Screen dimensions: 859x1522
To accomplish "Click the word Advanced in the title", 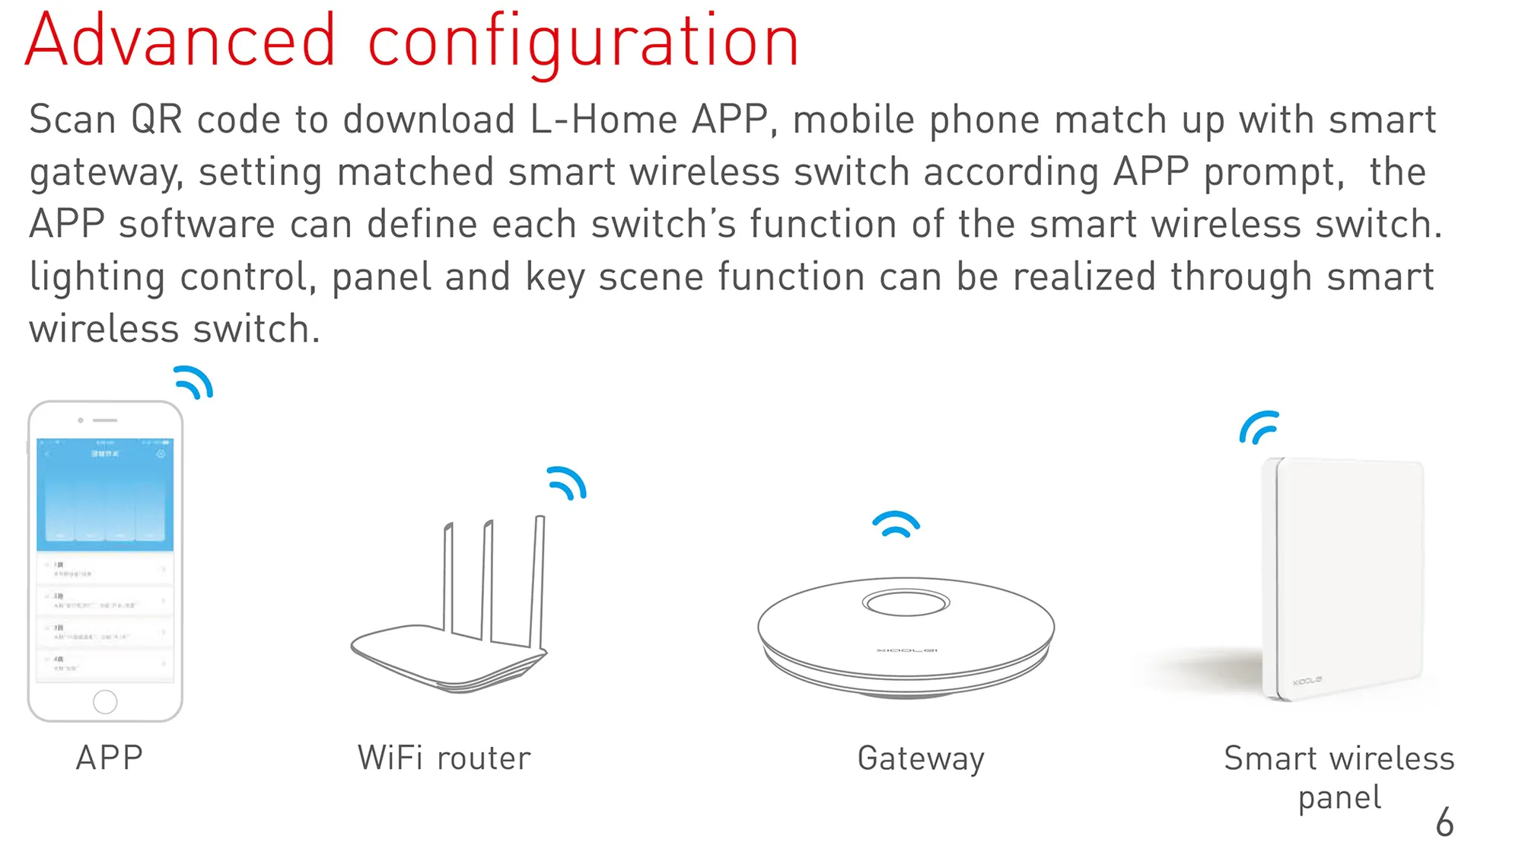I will point(180,41).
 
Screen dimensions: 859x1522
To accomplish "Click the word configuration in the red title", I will point(583,43).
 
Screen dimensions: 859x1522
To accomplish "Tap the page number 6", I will point(1444,822).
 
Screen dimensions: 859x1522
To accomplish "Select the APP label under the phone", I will point(110,758).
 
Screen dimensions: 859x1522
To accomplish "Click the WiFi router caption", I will point(444,758).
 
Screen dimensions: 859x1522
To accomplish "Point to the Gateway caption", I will point(921,758).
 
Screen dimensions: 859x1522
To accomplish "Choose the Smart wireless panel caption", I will point(1339,777).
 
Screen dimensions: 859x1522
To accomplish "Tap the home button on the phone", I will point(105,701).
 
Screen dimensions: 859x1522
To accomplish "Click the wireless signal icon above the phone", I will point(194,382).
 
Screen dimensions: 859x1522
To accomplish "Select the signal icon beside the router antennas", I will point(567,483).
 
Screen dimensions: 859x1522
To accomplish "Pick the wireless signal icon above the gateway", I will point(896,523).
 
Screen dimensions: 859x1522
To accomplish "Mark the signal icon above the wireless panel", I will point(1259,427).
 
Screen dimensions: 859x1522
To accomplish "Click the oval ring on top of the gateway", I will point(906,603).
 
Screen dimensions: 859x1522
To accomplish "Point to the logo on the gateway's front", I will point(906,650).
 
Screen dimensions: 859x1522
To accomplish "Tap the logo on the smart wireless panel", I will point(1307,680).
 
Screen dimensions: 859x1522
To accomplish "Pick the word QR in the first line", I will point(157,120).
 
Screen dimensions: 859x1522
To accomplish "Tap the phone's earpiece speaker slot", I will point(105,420).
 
